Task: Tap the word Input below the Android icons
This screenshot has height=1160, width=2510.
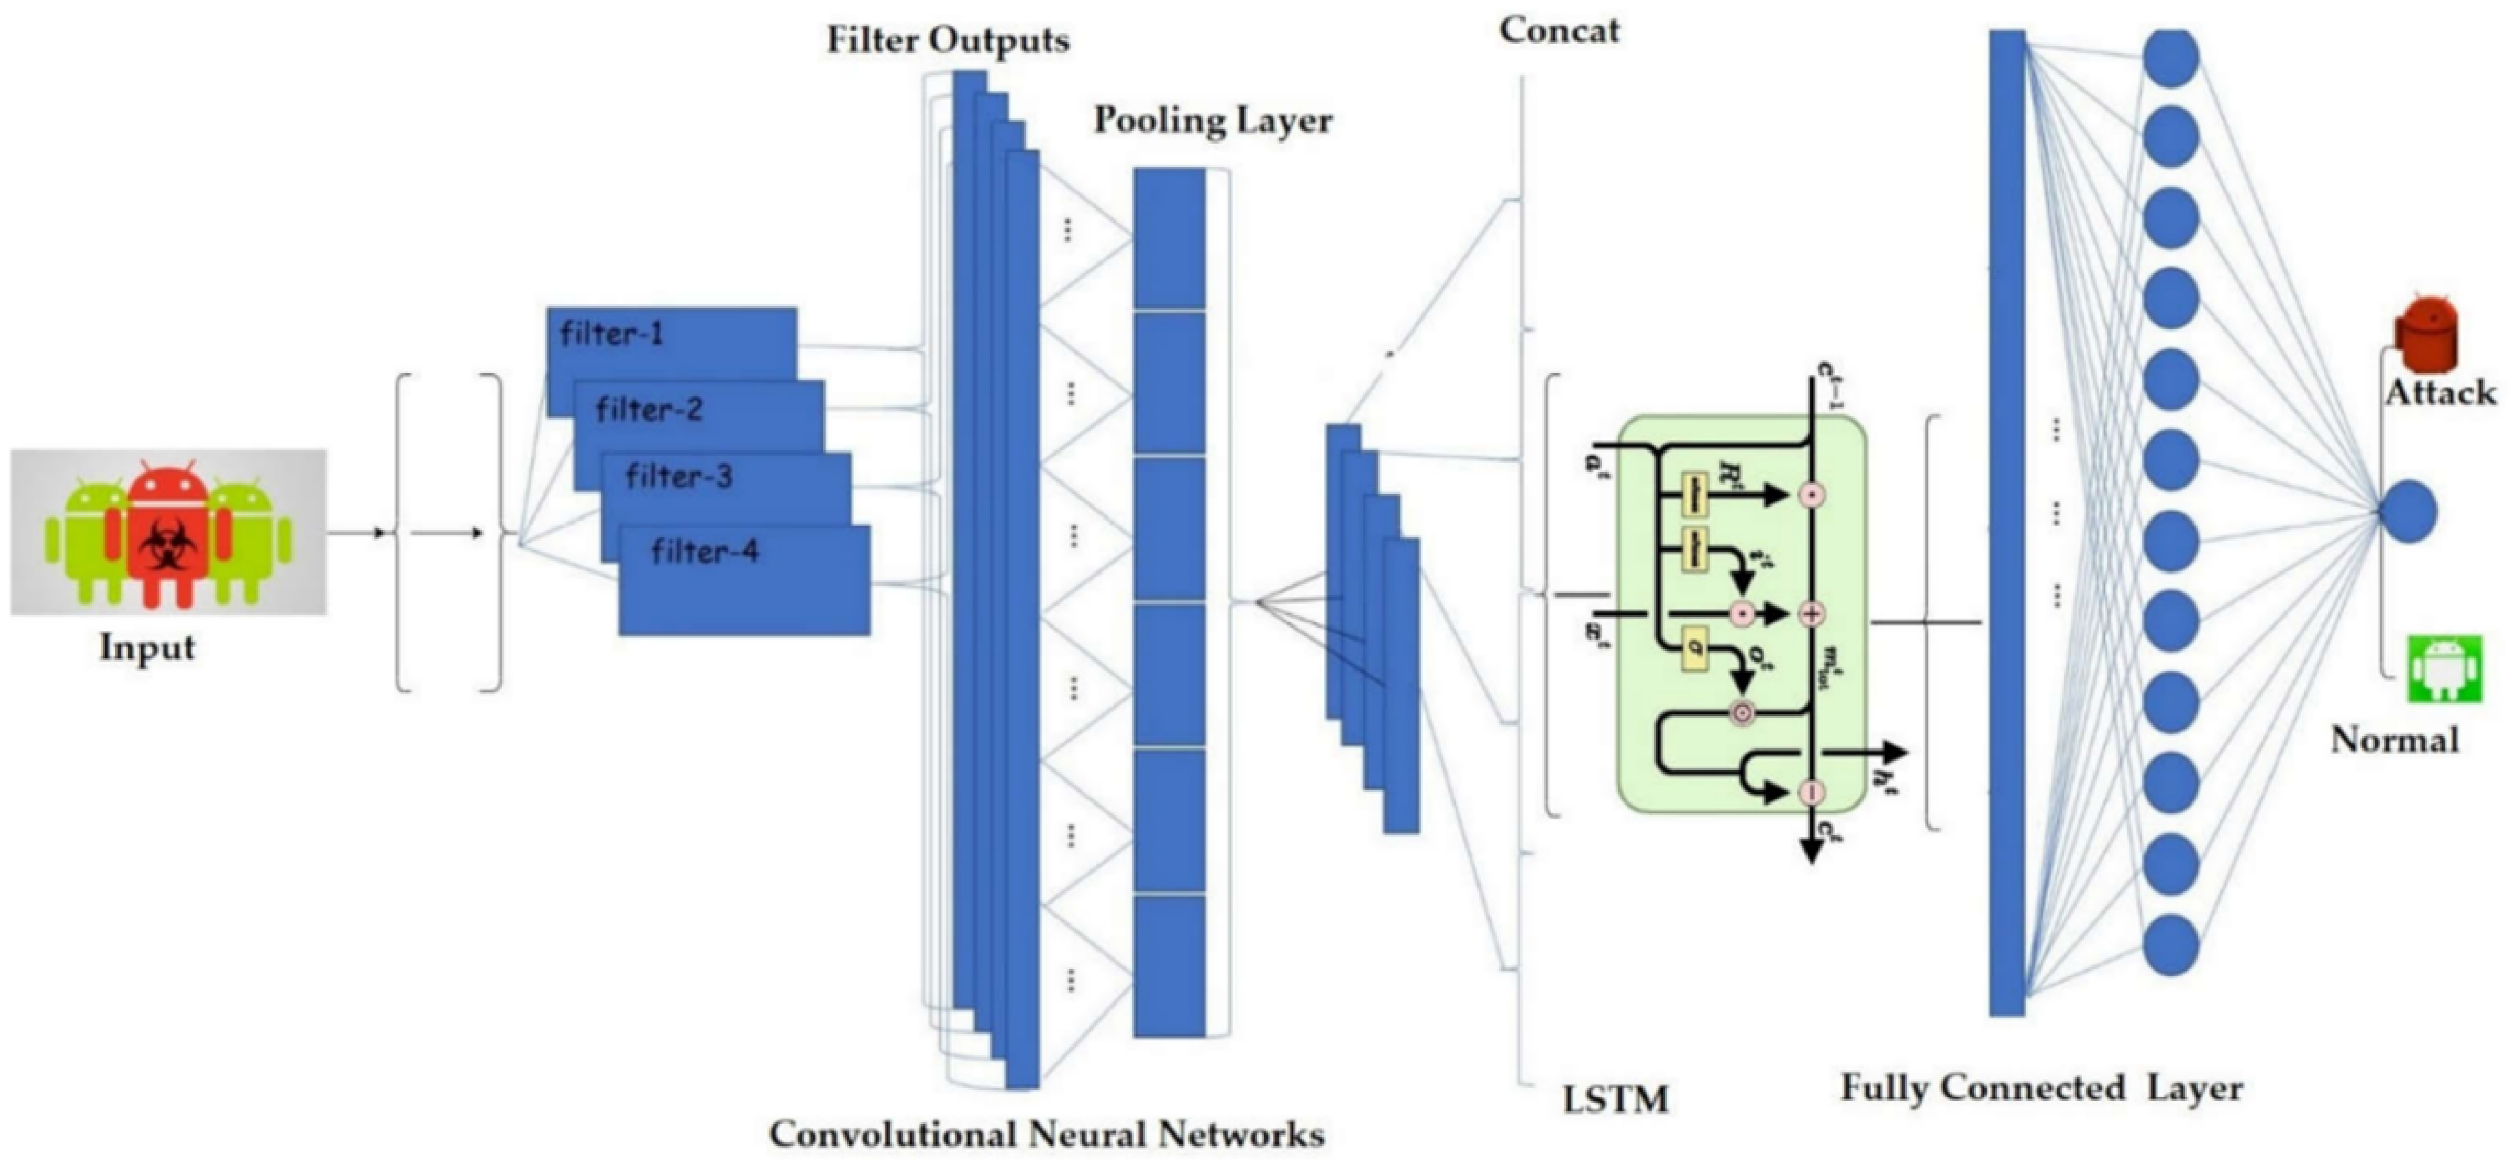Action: pos(147,647)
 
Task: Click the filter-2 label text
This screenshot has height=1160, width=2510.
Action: pos(649,409)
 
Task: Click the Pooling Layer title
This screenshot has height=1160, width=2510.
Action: pos(1213,120)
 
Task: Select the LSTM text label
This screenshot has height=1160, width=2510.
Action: pos(1615,1100)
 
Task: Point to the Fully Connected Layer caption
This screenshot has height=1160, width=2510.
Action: pos(2041,1088)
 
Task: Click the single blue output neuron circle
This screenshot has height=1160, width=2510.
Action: pos(2409,512)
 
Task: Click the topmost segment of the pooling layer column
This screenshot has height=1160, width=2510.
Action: pos(1169,239)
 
